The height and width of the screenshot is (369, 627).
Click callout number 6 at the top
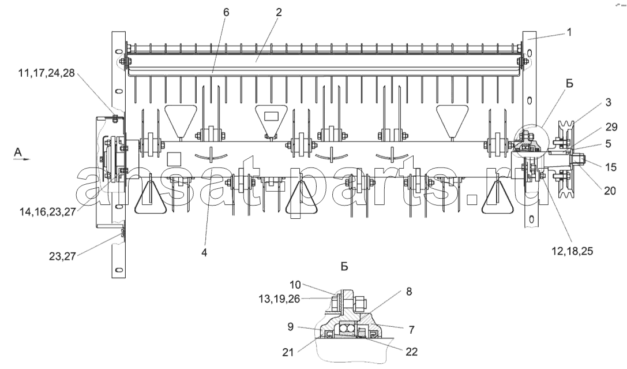click(x=226, y=12)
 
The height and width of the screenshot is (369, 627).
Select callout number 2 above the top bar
click(x=279, y=12)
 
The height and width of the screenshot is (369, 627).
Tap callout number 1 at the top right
click(x=569, y=32)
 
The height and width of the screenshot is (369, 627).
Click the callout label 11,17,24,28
click(x=46, y=73)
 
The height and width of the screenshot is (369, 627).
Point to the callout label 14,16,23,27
click(x=47, y=212)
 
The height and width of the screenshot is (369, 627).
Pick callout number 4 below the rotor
click(x=204, y=252)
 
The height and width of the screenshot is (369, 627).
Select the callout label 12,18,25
click(x=572, y=251)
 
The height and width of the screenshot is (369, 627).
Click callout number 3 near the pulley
click(x=608, y=102)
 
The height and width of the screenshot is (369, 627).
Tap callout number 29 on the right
click(x=611, y=127)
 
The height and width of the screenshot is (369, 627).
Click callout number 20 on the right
click(x=610, y=191)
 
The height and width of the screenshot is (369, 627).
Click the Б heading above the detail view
click(x=345, y=267)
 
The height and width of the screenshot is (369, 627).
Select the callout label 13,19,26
click(x=279, y=299)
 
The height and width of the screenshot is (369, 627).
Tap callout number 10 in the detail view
click(x=295, y=285)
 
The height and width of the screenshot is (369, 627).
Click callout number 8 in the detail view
click(x=408, y=292)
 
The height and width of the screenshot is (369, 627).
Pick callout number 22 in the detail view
click(x=411, y=352)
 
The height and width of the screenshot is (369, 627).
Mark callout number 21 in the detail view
click(x=288, y=352)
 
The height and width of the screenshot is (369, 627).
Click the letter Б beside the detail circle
click(x=569, y=83)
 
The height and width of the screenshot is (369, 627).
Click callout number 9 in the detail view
click(x=290, y=327)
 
